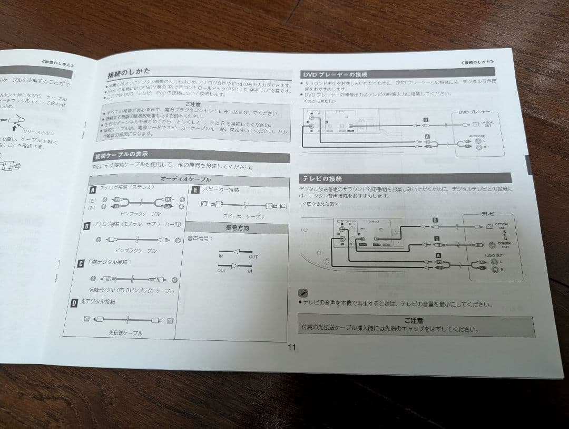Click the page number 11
(292, 348)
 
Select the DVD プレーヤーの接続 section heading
(335, 74)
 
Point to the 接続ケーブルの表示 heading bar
(121, 156)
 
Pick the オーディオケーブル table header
(185, 179)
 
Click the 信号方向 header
(237, 228)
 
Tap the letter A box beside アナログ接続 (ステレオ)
(93, 188)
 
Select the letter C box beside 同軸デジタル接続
(81, 263)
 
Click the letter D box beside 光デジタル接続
(74, 303)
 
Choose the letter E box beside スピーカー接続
(195, 190)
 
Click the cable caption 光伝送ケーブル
(125, 333)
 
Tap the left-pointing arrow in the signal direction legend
(237, 252)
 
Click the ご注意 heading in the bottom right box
(414, 320)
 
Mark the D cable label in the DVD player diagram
(425, 120)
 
